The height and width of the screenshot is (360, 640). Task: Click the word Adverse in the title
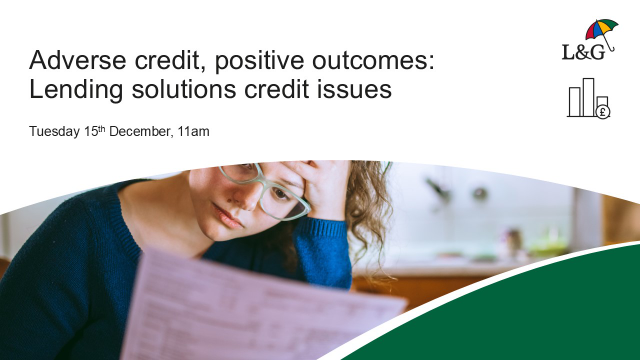[70, 60]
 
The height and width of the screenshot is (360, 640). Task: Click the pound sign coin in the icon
[603, 111]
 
